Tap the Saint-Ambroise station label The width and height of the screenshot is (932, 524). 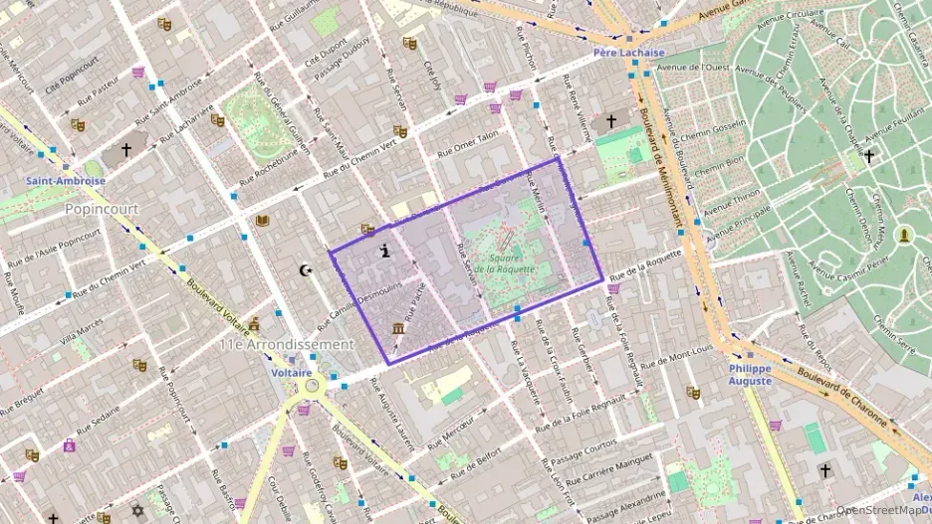click(66, 181)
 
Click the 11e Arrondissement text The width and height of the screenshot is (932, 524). click(287, 344)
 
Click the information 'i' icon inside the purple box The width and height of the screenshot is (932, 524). click(384, 253)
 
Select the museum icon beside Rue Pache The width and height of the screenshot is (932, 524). click(398, 329)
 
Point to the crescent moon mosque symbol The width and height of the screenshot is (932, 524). click(306, 269)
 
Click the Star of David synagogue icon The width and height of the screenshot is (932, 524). click(137, 510)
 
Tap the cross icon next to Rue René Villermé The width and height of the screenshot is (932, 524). click(610, 121)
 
